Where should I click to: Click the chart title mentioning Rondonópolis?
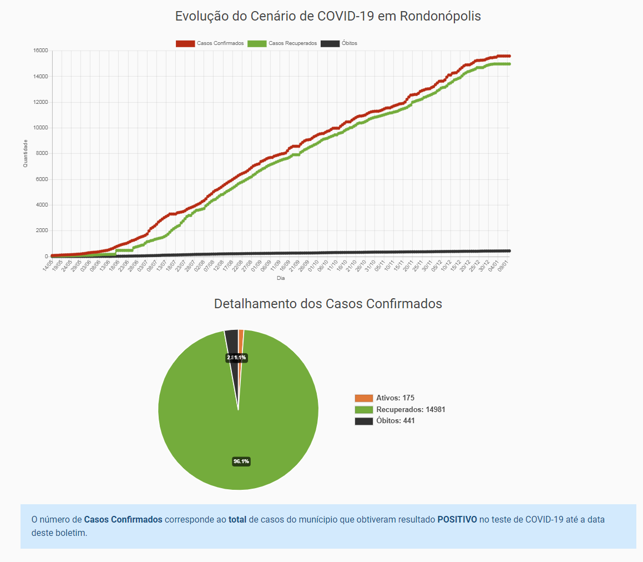pyautogui.click(x=328, y=16)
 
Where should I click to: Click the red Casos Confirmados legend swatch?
pyautogui.click(x=185, y=43)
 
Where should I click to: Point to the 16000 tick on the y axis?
pyautogui.click(x=40, y=51)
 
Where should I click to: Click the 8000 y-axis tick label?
pyautogui.click(x=41, y=153)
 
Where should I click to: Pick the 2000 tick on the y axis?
pyautogui.click(x=41, y=230)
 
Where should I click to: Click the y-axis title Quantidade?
pyautogui.click(x=26, y=153)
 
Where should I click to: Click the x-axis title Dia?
pyautogui.click(x=281, y=278)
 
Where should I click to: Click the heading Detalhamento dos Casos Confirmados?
pyautogui.click(x=328, y=304)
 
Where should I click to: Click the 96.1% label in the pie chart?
pyautogui.click(x=241, y=461)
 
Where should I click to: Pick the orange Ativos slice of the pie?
pyautogui.click(x=241, y=339)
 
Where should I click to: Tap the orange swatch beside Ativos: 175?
pyautogui.click(x=364, y=398)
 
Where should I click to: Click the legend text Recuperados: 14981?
pyautogui.click(x=411, y=410)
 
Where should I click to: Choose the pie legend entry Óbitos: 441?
pyautogui.click(x=395, y=421)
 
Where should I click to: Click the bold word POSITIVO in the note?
pyautogui.click(x=457, y=520)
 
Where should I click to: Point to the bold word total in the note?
pyautogui.click(x=237, y=520)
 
